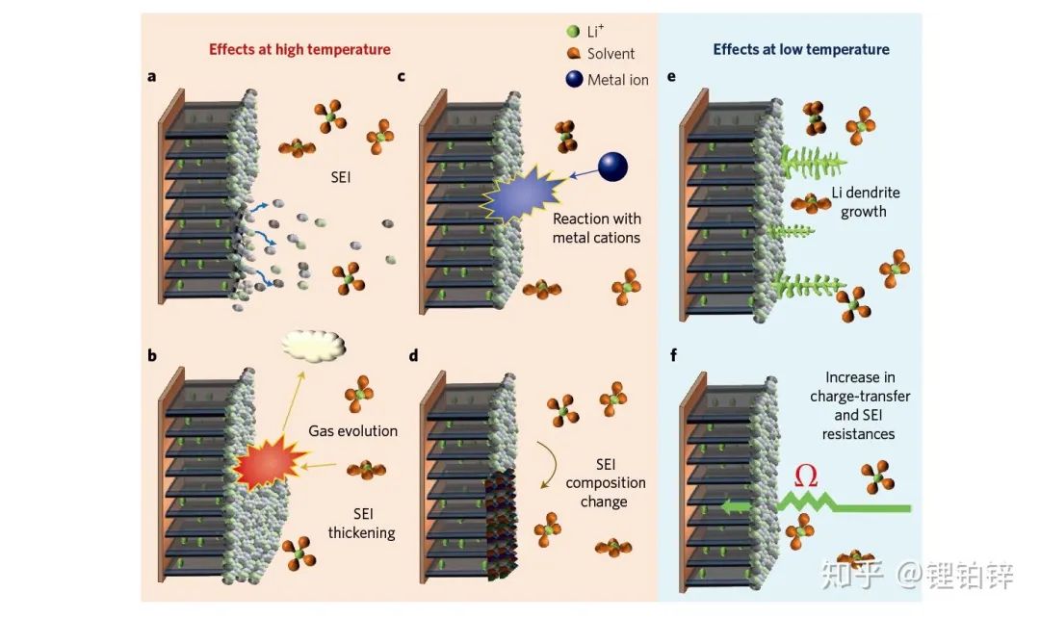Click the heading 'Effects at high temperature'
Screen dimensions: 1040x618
[x=299, y=50]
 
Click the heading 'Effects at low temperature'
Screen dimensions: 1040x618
[x=801, y=50]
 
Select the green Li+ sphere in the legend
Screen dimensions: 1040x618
[x=573, y=31]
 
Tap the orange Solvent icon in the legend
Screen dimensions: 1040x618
[x=574, y=53]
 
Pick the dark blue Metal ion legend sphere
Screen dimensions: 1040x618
[x=574, y=79]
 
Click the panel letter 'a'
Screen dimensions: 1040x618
[x=152, y=77]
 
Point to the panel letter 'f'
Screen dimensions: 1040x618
[x=673, y=355]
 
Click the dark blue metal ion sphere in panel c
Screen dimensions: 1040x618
[x=612, y=167]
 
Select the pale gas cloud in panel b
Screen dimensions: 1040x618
[x=313, y=346]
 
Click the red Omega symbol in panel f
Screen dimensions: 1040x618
[x=806, y=476]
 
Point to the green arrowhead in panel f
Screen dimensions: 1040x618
[x=732, y=507]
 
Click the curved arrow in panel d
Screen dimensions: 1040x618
[x=549, y=465]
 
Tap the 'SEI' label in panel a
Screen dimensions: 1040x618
[x=340, y=177]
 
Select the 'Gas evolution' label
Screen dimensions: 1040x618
[x=352, y=431]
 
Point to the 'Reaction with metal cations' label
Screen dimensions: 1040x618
[x=596, y=228]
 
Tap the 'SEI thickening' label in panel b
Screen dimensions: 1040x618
[x=361, y=523]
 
